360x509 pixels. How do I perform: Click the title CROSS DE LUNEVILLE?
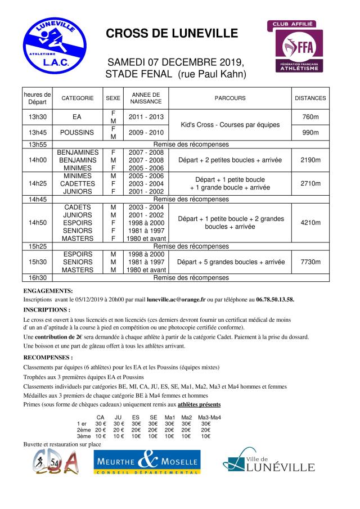(x=172, y=34)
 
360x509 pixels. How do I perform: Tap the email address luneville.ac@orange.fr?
(x=176, y=300)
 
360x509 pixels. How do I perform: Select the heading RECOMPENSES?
(x=48, y=357)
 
